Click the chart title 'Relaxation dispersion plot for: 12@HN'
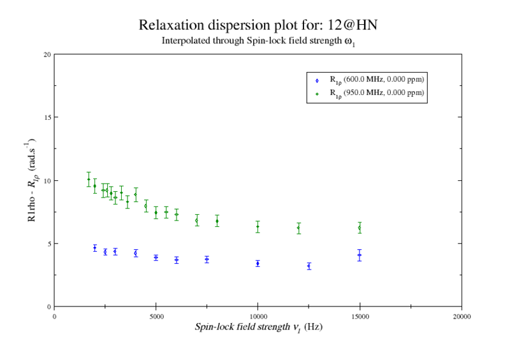pos(261,25)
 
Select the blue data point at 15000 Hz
pos(360,255)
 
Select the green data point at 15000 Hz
pos(360,227)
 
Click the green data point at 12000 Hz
pos(298,228)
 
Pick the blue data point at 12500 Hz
pos(309,266)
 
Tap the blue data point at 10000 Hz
pos(258,263)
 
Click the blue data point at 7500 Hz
pos(207,259)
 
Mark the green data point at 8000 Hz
pos(217,221)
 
